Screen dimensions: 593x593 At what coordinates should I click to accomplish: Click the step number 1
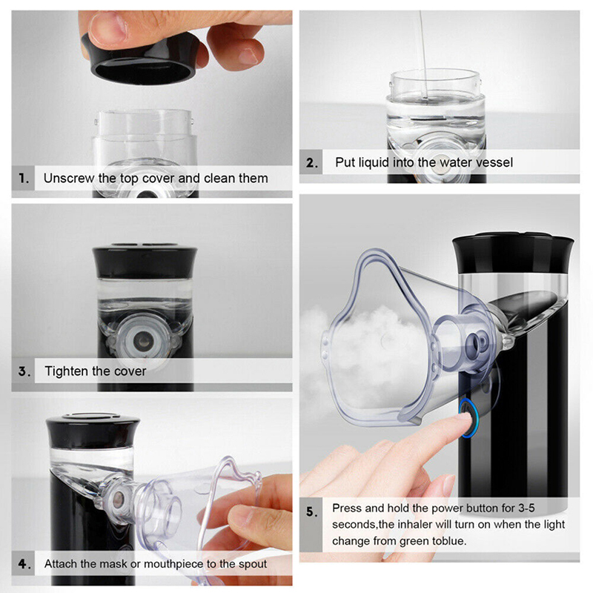point(24,178)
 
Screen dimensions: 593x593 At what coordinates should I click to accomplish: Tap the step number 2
point(311,162)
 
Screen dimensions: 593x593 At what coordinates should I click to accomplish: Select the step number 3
point(24,371)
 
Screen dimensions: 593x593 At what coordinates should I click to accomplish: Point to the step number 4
point(24,564)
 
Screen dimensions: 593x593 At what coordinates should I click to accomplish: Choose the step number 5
point(312,511)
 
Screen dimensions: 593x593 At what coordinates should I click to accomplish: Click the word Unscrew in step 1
point(69,178)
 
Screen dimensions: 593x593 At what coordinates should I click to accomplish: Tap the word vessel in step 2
point(494,162)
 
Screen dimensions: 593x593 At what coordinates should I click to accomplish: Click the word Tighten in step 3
point(66,371)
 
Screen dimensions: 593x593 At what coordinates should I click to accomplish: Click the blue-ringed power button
point(469,417)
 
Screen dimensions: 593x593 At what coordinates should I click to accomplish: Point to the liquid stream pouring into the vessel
point(423,53)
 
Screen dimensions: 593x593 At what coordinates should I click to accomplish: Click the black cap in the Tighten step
point(145,261)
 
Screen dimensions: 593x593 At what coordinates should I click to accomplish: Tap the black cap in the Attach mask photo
point(93,431)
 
